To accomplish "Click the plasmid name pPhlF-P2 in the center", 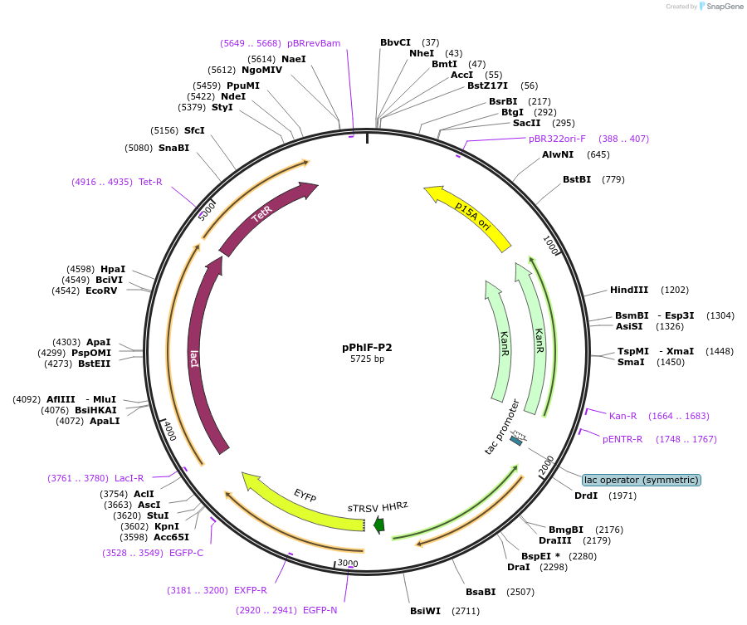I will click(x=367, y=347).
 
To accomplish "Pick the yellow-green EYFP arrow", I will click(x=303, y=501).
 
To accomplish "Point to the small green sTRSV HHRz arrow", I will click(x=378, y=524).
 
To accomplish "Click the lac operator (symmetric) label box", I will click(x=641, y=480).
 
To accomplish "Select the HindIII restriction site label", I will click(x=629, y=290).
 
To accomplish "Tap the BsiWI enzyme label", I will click(x=426, y=611).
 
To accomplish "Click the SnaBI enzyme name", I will click(x=173, y=148).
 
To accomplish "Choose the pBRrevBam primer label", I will click(x=314, y=43).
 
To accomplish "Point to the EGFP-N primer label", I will click(x=320, y=610).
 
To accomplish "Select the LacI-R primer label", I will click(x=129, y=477).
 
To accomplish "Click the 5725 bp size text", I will click(x=367, y=359).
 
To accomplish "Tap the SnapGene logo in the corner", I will click(x=720, y=7).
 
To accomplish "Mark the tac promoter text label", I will click(x=502, y=427).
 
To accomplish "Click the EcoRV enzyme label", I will click(x=101, y=291).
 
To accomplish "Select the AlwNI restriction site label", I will click(x=558, y=154).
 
